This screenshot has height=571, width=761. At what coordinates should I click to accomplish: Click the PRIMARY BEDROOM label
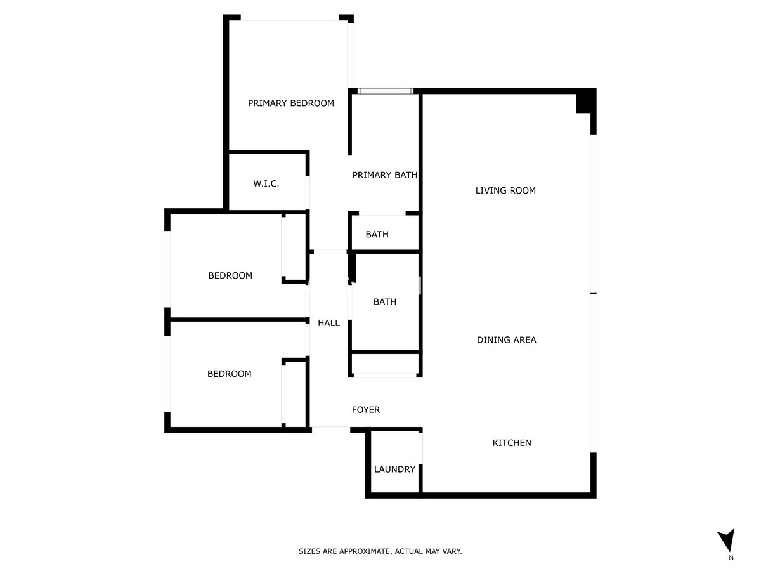pyautogui.click(x=290, y=103)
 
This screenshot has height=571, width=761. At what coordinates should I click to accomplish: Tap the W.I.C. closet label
pyautogui.click(x=266, y=184)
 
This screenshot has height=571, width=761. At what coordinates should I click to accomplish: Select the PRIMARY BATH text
pyautogui.click(x=385, y=175)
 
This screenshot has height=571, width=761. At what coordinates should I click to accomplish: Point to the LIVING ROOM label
pyautogui.click(x=505, y=190)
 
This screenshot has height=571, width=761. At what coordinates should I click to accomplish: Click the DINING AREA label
pyautogui.click(x=506, y=340)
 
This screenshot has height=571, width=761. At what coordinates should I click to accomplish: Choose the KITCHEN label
pyautogui.click(x=512, y=443)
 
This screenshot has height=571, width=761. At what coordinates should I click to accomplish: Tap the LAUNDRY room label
pyautogui.click(x=394, y=469)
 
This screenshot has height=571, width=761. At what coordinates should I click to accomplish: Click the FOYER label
pyautogui.click(x=366, y=410)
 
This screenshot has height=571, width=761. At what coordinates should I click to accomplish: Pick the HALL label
pyautogui.click(x=328, y=323)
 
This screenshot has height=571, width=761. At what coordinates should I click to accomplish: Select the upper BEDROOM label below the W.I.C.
pyautogui.click(x=230, y=275)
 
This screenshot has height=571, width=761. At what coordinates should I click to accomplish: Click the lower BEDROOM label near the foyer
pyautogui.click(x=229, y=374)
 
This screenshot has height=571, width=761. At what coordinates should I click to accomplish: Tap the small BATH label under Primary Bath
pyautogui.click(x=377, y=235)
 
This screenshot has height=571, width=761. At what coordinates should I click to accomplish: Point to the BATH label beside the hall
pyautogui.click(x=384, y=302)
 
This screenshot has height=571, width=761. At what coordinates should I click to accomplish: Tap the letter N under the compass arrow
pyautogui.click(x=731, y=558)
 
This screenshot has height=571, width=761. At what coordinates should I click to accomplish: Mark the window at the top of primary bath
pyautogui.click(x=385, y=91)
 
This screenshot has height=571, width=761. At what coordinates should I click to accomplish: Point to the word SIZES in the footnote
pyautogui.click(x=309, y=552)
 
